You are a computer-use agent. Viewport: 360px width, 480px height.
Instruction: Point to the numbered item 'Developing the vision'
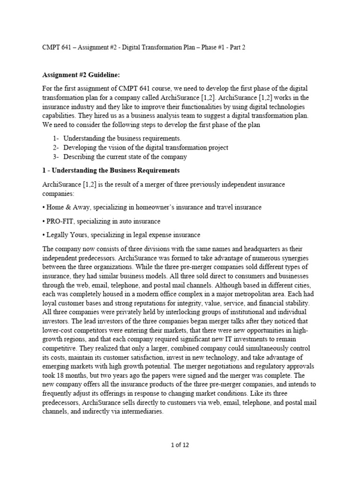tap(146, 148)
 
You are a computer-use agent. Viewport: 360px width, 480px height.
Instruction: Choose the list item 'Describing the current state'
tap(125, 157)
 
